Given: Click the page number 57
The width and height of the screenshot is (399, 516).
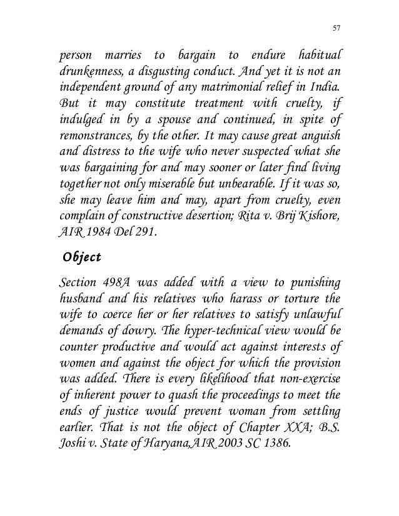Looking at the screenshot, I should pos(337,27).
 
